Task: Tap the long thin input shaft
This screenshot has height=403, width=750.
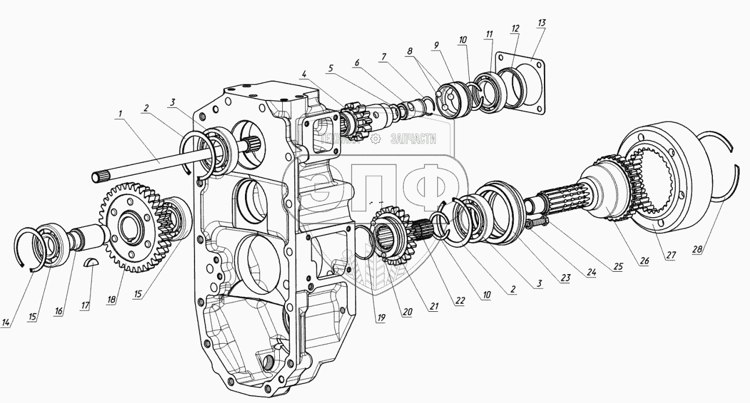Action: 145,167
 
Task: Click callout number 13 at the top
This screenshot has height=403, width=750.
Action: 541,23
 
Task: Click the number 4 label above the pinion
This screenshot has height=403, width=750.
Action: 304,74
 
